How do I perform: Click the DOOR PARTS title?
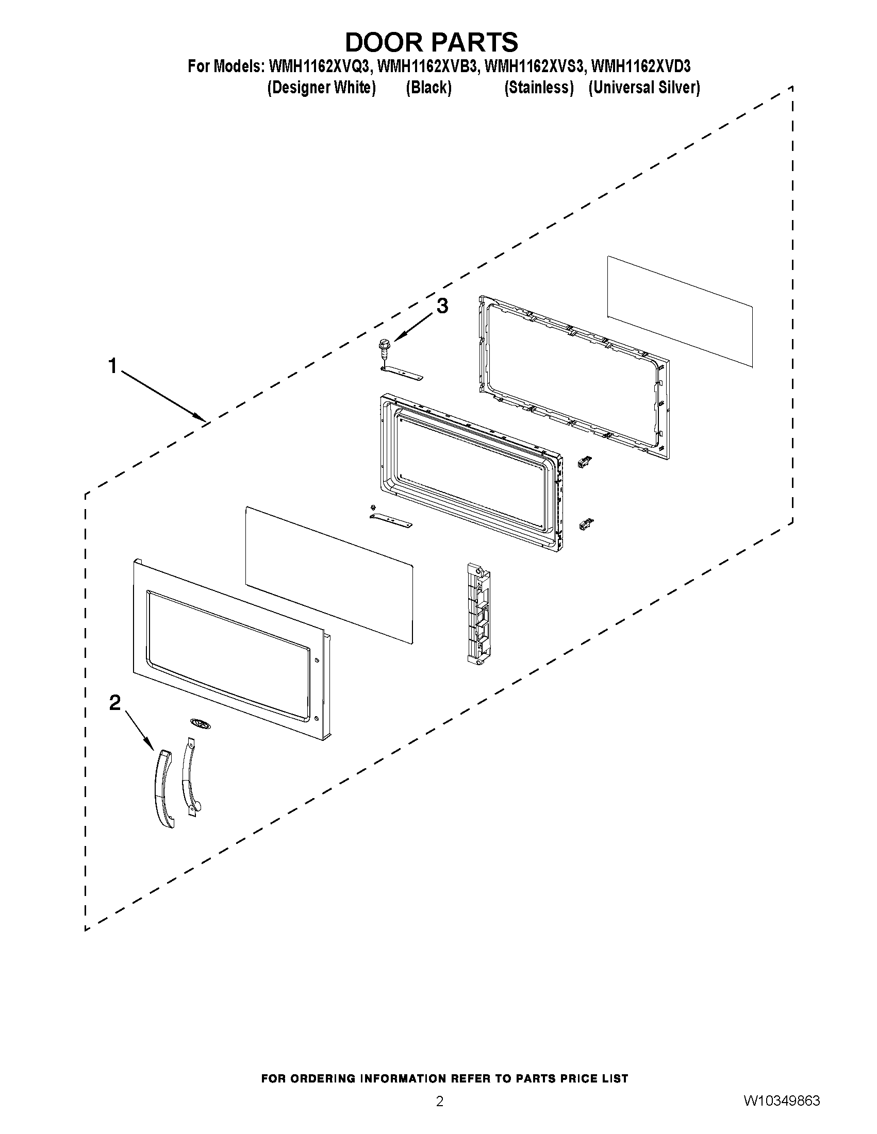[431, 43]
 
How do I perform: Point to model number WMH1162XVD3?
[641, 67]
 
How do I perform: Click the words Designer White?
[321, 88]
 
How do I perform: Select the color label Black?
[428, 88]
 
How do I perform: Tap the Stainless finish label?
[539, 88]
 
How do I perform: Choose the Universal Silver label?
[644, 88]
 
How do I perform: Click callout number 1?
[112, 366]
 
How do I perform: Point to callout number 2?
[115, 703]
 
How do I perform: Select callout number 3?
[442, 307]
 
